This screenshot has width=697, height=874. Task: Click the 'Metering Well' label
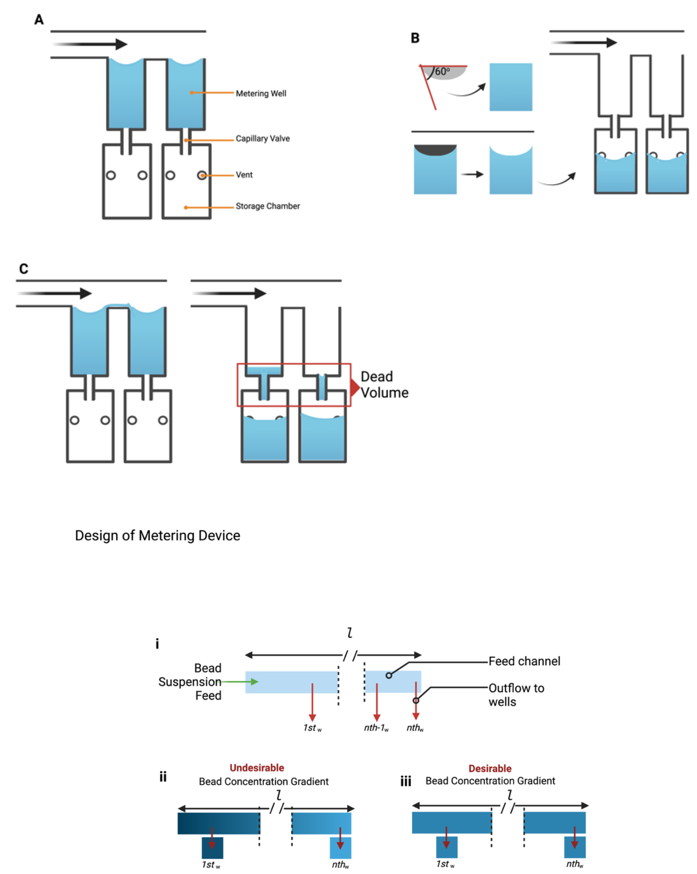[260, 93]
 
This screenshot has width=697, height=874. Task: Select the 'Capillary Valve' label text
[262, 138]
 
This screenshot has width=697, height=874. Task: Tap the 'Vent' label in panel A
[244, 175]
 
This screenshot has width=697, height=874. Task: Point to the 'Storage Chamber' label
[267, 206]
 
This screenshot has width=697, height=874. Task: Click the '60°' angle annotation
[442, 72]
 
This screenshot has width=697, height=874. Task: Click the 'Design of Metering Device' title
[157, 536]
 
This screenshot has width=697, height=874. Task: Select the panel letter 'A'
[39, 20]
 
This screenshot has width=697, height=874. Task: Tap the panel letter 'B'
[415, 38]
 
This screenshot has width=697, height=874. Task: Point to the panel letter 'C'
[24, 269]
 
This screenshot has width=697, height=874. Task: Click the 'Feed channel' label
[524, 661]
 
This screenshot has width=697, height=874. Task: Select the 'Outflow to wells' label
[516, 695]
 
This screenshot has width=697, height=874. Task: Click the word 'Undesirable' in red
[256, 768]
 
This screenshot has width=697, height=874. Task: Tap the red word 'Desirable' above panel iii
[490, 769]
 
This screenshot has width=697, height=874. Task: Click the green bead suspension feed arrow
[240, 682]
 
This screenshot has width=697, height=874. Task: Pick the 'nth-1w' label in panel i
[376, 728]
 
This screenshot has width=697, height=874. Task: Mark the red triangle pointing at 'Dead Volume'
[355, 387]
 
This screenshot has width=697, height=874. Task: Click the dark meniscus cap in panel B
[435, 150]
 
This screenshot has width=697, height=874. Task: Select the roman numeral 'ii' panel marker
[163, 777]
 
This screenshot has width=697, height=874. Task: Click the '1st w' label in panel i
[312, 728]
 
